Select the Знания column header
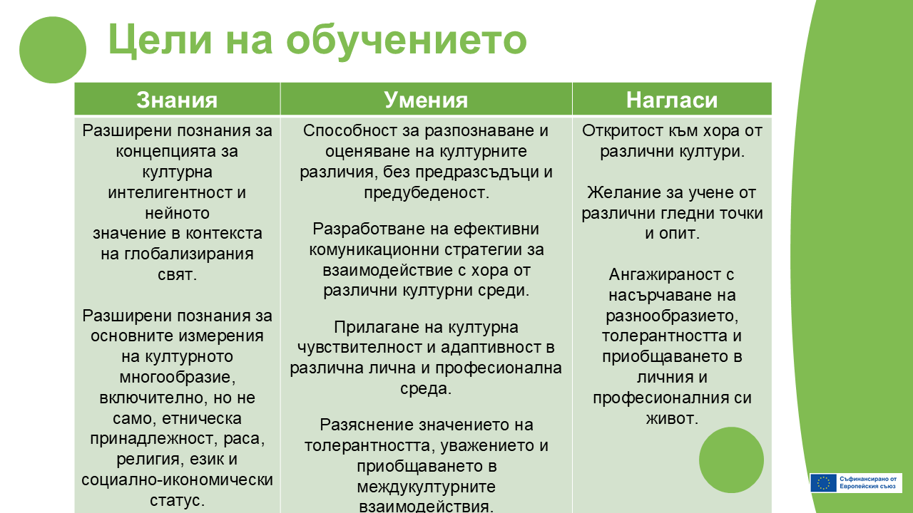click(177, 100)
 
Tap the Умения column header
click(426, 100)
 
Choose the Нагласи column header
click(672, 100)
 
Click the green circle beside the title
click(53, 50)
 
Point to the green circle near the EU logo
click(731, 460)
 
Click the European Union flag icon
click(823, 483)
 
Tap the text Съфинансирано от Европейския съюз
click(868, 483)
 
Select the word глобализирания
click(189, 254)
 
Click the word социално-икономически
click(177, 480)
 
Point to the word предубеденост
click(427, 192)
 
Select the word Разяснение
click(367, 425)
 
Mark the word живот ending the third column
click(672, 418)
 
